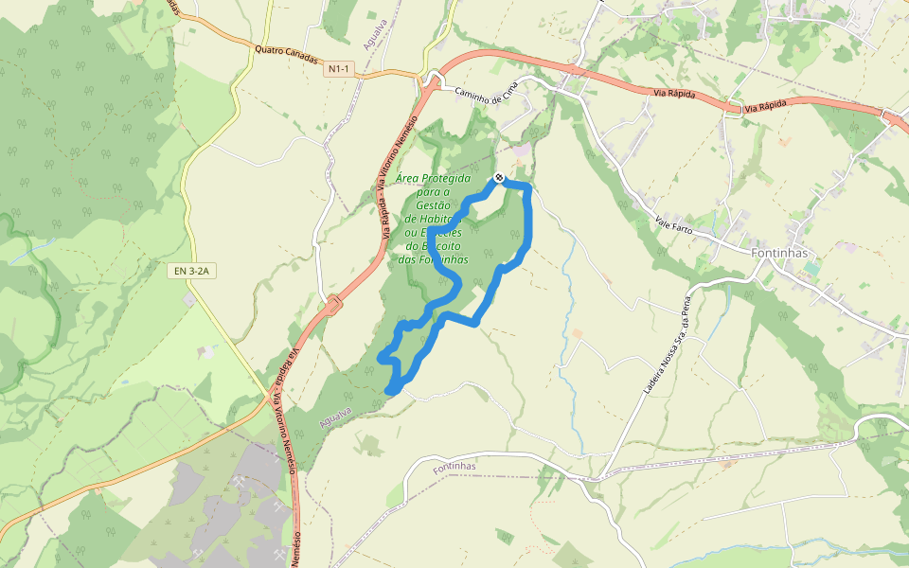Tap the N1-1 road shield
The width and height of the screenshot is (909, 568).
[338, 69]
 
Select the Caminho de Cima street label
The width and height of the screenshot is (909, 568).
[488, 94]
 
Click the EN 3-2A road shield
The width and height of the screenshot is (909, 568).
[193, 272]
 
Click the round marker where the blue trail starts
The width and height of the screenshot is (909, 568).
[499, 178]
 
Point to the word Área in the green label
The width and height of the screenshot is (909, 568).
[407, 178]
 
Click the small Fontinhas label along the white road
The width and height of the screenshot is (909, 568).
[454, 468]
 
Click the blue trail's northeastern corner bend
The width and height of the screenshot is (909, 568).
[526, 188]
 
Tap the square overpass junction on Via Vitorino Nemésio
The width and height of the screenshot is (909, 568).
[333, 305]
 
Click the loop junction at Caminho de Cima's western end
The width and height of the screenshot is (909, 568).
[436, 80]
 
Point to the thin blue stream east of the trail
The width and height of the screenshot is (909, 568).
[569, 303]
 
